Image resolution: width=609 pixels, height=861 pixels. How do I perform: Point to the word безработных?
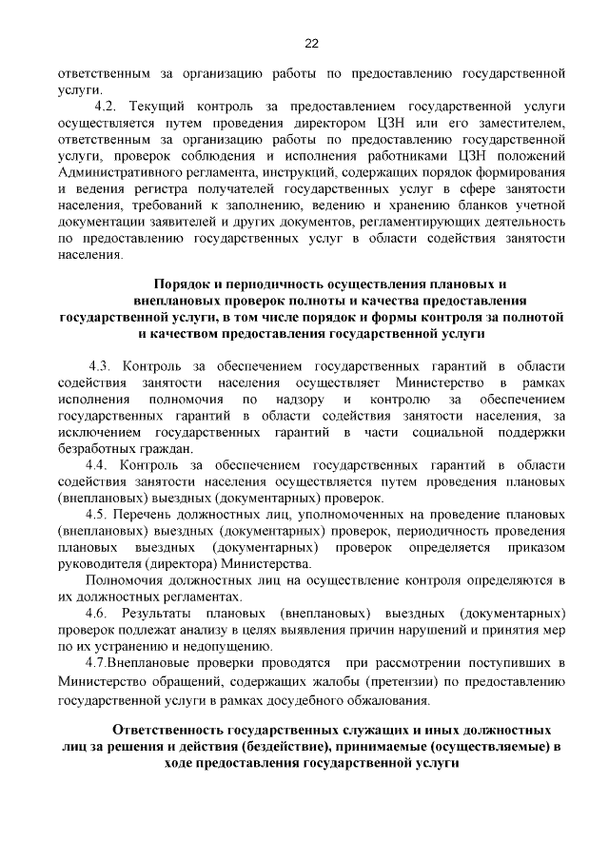click(95, 449)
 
